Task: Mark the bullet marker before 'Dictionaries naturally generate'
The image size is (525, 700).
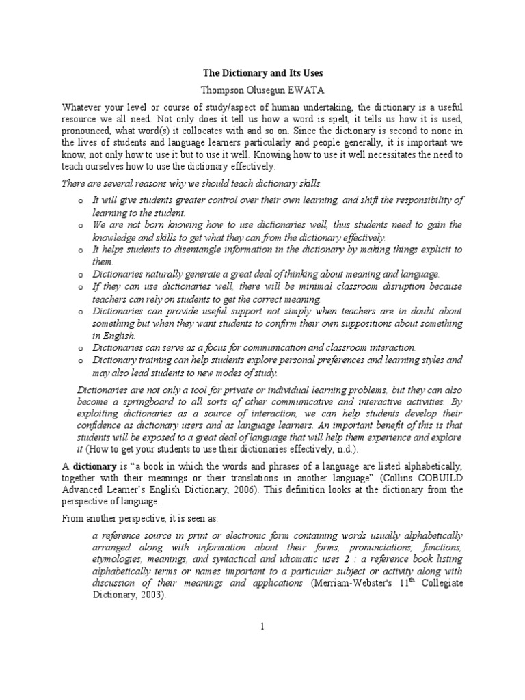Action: tap(80, 274)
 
